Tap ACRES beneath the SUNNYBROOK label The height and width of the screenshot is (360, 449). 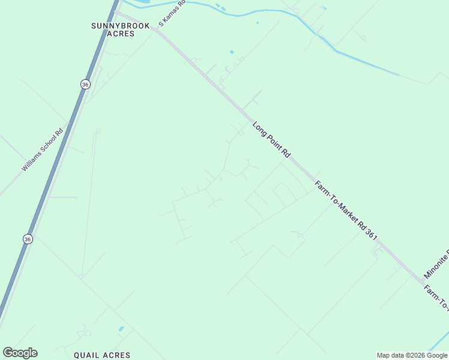click(120, 34)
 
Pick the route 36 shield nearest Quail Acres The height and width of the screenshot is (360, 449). click(28, 239)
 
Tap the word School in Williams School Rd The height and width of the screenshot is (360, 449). click(49, 145)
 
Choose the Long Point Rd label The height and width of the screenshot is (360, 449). click(271, 140)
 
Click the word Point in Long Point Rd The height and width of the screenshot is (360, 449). click(271, 140)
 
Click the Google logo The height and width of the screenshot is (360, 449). click(20, 353)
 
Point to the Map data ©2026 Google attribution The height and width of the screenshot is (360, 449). click(412, 355)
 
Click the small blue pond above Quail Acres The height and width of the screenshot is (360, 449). click(121, 329)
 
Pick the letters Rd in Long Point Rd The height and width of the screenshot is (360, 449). click(286, 154)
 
